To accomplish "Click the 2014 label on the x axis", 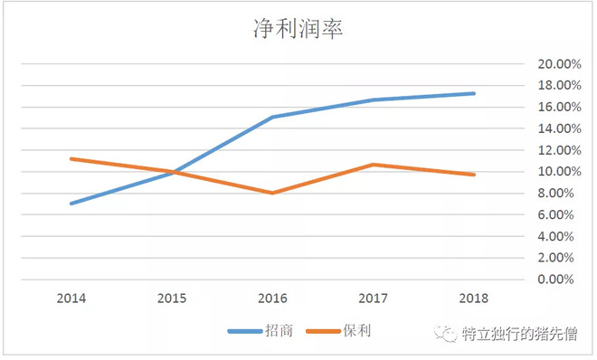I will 71,297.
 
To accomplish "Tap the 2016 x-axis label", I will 272,297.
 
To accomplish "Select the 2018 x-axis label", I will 474,297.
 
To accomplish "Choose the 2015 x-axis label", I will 172,297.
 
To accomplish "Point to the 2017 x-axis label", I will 373,297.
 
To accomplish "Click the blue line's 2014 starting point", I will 71,204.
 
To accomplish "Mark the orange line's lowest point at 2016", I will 272,193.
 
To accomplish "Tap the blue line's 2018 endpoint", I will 474,93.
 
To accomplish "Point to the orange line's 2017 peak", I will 373,165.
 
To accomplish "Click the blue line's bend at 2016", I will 272,118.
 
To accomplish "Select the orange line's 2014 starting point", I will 71,158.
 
